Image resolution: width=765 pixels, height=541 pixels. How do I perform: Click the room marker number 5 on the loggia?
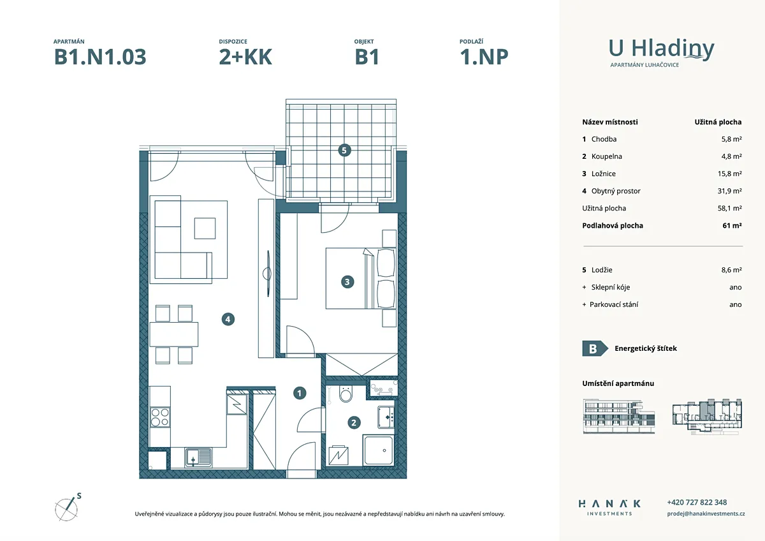pyautogui.click(x=344, y=151)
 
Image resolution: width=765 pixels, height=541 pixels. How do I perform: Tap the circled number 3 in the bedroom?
pyautogui.click(x=347, y=282)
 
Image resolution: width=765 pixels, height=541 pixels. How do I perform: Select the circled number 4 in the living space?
pyautogui.click(x=228, y=320)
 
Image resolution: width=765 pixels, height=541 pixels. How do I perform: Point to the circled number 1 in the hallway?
pyautogui.click(x=300, y=394)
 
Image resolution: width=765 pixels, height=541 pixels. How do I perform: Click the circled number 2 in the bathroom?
pyautogui.click(x=354, y=423)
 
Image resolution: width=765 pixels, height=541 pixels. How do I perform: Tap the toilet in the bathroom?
pyautogui.click(x=346, y=394)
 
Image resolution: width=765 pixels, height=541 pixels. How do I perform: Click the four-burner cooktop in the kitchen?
pyautogui.click(x=160, y=417)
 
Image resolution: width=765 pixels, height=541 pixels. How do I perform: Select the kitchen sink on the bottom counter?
pyautogui.click(x=198, y=457)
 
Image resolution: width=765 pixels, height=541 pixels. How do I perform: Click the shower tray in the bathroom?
pyautogui.click(x=379, y=450)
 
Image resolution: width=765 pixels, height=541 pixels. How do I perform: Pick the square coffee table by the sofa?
pyautogui.click(x=205, y=228)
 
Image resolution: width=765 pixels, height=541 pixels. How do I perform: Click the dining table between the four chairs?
pyautogui.click(x=174, y=334)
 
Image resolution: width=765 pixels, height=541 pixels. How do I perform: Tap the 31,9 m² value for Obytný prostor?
pyautogui.click(x=729, y=191)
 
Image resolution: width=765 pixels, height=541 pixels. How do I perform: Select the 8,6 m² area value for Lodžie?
pyautogui.click(x=732, y=270)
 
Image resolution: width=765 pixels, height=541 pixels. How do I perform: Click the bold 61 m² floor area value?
pyautogui.click(x=732, y=226)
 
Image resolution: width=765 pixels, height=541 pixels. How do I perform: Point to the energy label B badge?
pyautogui.click(x=595, y=348)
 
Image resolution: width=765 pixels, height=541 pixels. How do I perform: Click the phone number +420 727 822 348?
pyautogui.click(x=697, y=502)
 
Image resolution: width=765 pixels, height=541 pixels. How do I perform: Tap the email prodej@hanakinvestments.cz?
pyautogui.click(x=706, y=514)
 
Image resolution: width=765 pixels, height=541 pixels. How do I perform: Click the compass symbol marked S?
pyautogui.click(x=68, y=508)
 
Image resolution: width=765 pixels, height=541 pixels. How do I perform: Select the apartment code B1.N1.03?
pyautogui.click(x=100, y=57)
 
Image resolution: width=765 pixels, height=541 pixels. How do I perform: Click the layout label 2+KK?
pyautogui.click(x=245, y=57)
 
